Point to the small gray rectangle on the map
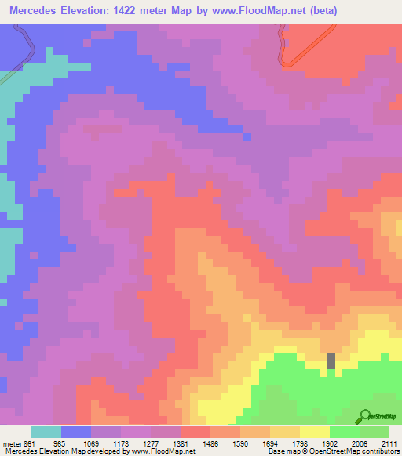[331, 361]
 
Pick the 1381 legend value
[181, 443]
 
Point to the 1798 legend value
[300, 443]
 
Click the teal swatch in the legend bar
[46, 432]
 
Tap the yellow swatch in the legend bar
[315, 432]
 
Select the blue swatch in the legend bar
[76, 432]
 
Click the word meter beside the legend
[12, 443]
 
